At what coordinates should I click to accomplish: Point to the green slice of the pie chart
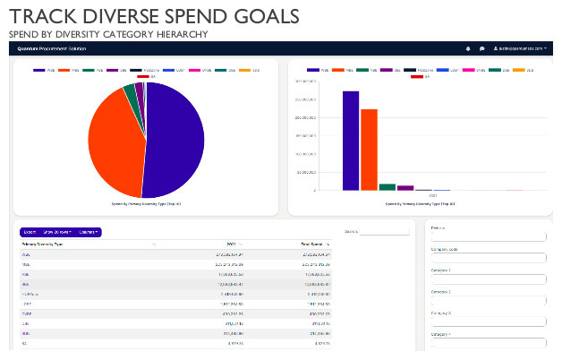click(131, 93)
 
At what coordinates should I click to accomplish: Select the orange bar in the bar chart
click(369, 150)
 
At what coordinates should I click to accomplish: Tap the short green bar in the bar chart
click(387, 186)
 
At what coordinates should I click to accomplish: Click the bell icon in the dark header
click(468, 48)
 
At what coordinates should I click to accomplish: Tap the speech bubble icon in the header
click(481, 48)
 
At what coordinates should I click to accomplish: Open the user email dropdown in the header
click(520, 48)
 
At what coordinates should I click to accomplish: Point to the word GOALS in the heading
click(264, 16)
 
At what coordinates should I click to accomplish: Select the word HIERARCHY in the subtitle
click(182, 34)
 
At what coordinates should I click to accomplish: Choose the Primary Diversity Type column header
click(42, 244)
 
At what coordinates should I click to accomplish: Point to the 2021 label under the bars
click(433, 195)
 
